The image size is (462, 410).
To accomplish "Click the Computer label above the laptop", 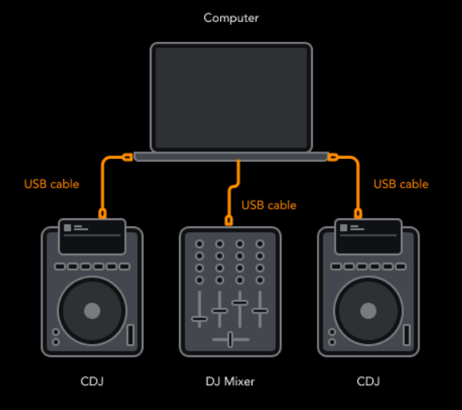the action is pos(231,19).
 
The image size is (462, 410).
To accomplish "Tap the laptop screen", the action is pos(231,97).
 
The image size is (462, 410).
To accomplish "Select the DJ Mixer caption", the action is pos(230,382).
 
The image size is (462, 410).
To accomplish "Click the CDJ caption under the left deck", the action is pos(92,382).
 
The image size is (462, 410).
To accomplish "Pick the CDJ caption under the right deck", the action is pos(368,382).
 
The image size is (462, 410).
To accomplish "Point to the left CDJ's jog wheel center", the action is pos(92,311).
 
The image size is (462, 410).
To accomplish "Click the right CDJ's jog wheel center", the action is pos(368,311).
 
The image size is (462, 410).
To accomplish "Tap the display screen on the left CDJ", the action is pos(92,237).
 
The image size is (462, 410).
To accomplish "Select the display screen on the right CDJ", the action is pos(368,237).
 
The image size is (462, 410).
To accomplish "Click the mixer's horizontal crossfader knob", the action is pos(230,339).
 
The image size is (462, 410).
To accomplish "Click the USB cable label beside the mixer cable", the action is pos(268,205).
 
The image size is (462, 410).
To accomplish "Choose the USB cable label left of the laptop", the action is pos(52,184).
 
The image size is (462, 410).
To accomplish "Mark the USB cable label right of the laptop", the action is pos(401,184).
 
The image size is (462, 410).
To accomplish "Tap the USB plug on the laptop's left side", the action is pos(127,157).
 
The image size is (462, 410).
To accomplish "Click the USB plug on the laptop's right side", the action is pos(333,157).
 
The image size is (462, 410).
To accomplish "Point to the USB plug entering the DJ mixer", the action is pos(229,221).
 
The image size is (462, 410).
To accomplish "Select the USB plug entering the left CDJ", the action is pos(102,213).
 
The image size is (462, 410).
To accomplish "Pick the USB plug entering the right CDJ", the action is pos(358,213).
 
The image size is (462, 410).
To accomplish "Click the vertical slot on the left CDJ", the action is pos(131,334).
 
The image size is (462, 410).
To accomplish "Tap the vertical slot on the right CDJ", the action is pos(406,334).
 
